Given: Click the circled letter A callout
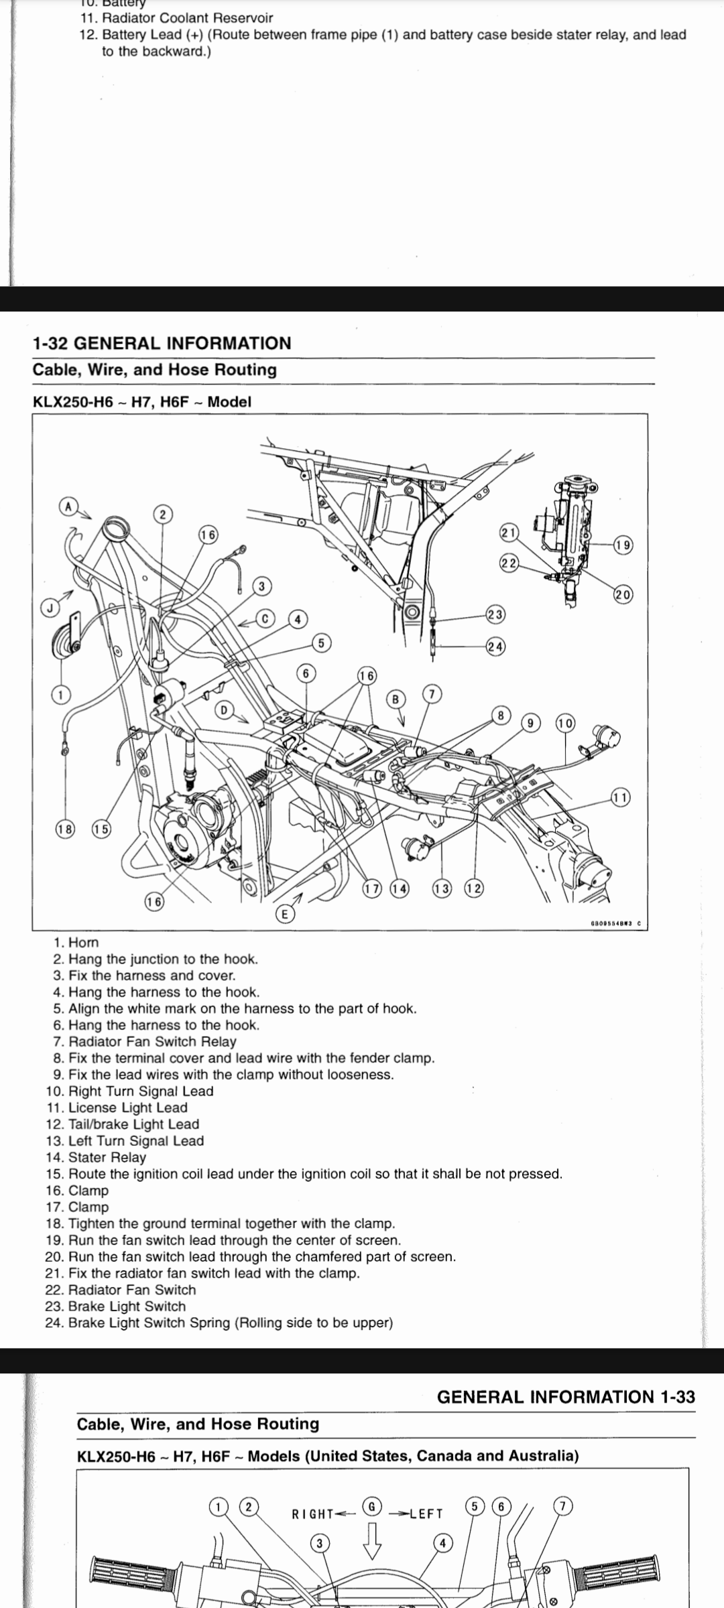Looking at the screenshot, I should point(68,505).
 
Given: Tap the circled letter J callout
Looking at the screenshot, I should point(48,608).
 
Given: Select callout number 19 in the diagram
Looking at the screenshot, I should point(623,545).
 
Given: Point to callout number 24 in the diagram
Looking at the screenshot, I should point(496,647).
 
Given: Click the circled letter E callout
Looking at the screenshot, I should point(284,915).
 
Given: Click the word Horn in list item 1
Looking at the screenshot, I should point(84,943).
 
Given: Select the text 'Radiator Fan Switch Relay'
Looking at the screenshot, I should point(152,1042).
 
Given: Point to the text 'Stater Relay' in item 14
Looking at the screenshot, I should point(107,1158).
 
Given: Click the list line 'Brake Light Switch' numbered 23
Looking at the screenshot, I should point(127,1306).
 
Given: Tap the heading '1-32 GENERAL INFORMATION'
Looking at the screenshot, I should point(162,344).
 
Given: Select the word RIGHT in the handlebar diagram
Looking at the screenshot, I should point(312,1514).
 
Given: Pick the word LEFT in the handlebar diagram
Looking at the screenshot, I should point(426,1514).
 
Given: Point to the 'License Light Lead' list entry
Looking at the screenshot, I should point(127,1108).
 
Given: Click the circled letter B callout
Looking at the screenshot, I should point(396,699).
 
